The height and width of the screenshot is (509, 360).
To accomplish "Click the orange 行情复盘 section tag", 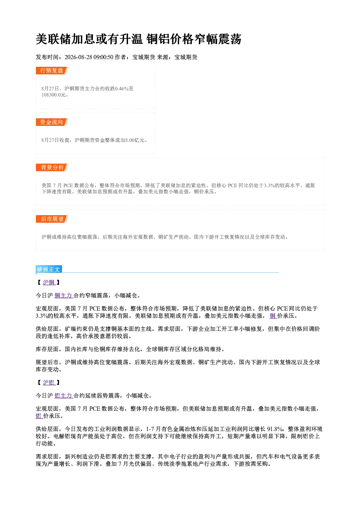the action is coord(52,70).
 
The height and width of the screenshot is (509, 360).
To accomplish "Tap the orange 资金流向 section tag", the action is coord(52,122).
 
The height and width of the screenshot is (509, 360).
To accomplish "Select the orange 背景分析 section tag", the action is coord(52,168).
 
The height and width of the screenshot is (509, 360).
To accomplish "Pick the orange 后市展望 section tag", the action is coord(52,219).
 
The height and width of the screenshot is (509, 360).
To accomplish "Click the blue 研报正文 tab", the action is coord(49,270).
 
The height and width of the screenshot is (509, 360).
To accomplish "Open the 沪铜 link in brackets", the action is coord(49,283).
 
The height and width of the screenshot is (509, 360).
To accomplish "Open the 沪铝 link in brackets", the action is coord(49,383).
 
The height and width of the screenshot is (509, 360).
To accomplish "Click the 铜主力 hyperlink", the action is coord(64,296).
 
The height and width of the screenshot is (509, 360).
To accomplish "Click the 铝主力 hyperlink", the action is coord(64,396).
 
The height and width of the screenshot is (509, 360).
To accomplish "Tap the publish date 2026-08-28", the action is coord(78,57).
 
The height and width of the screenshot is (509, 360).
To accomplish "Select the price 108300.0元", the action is coord(53,95).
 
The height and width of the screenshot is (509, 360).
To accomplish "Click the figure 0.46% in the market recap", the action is coord(122,89).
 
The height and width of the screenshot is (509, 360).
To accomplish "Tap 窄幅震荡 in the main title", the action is coord(217,39).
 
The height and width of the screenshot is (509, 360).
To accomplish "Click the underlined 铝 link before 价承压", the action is coord(39,416).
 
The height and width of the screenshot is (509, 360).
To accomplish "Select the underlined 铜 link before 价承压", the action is coord(273,316).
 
